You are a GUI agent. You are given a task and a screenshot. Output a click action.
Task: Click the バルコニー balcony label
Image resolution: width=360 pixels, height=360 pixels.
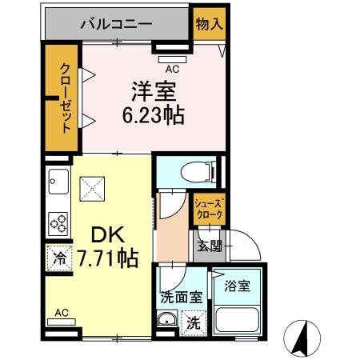(x=115, y=24)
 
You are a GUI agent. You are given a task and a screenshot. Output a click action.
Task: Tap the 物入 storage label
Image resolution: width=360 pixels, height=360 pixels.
(x=209, y=24)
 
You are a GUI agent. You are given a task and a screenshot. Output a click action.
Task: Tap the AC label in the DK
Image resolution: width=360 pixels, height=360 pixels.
(x=61, y=313)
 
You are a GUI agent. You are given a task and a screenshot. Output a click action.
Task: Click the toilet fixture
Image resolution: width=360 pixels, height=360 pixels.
(x=193, y=170)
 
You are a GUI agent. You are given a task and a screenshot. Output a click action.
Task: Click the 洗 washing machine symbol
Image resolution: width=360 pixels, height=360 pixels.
(x=194, y=325)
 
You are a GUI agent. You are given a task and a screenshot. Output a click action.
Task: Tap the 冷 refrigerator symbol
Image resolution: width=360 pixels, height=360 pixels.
(x=59, y=258)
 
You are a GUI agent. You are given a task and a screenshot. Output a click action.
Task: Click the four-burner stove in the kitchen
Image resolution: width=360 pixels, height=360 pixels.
(x=59, y=221)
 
